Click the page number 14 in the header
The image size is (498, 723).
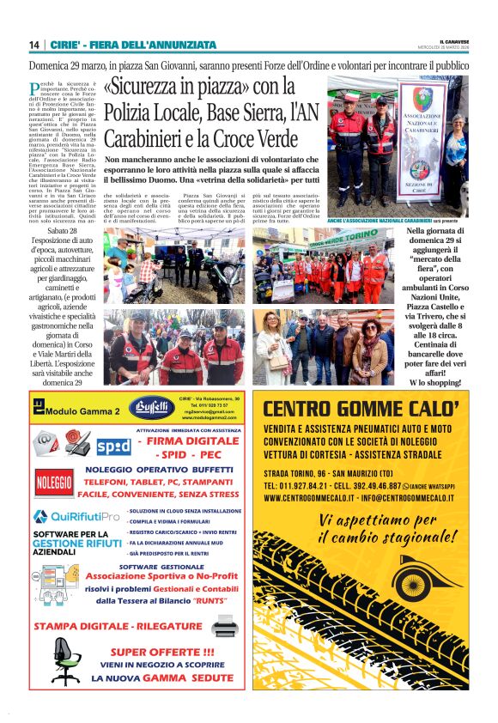point(33,45)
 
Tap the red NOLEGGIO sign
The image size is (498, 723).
point(54,482)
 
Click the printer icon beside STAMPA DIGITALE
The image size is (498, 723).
point(225,625)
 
